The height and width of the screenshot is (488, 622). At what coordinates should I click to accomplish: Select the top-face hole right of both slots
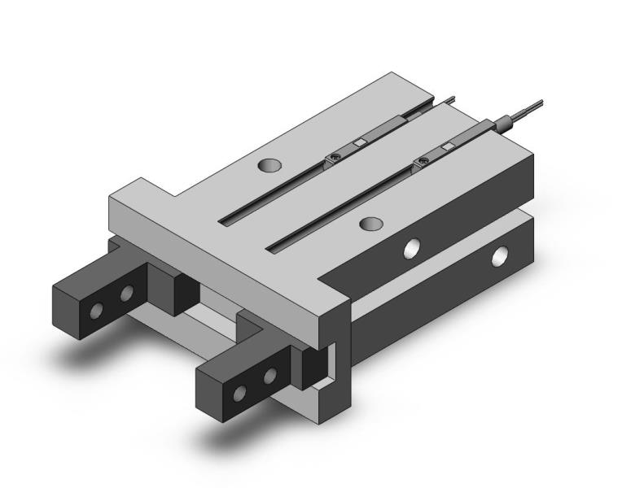pyautogui.click(x=372, y=223)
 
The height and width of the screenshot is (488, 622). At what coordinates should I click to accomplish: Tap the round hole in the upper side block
pyautogui.click(x=414, y=247)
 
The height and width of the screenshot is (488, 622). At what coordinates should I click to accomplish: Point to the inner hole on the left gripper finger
pyautogui.click(x=127, y=293)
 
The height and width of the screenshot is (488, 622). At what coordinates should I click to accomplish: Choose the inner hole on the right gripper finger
pyautogui.click(x=269, y=375)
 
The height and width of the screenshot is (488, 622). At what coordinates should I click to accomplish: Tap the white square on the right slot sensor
pyautogui.click(x=445, y=149)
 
